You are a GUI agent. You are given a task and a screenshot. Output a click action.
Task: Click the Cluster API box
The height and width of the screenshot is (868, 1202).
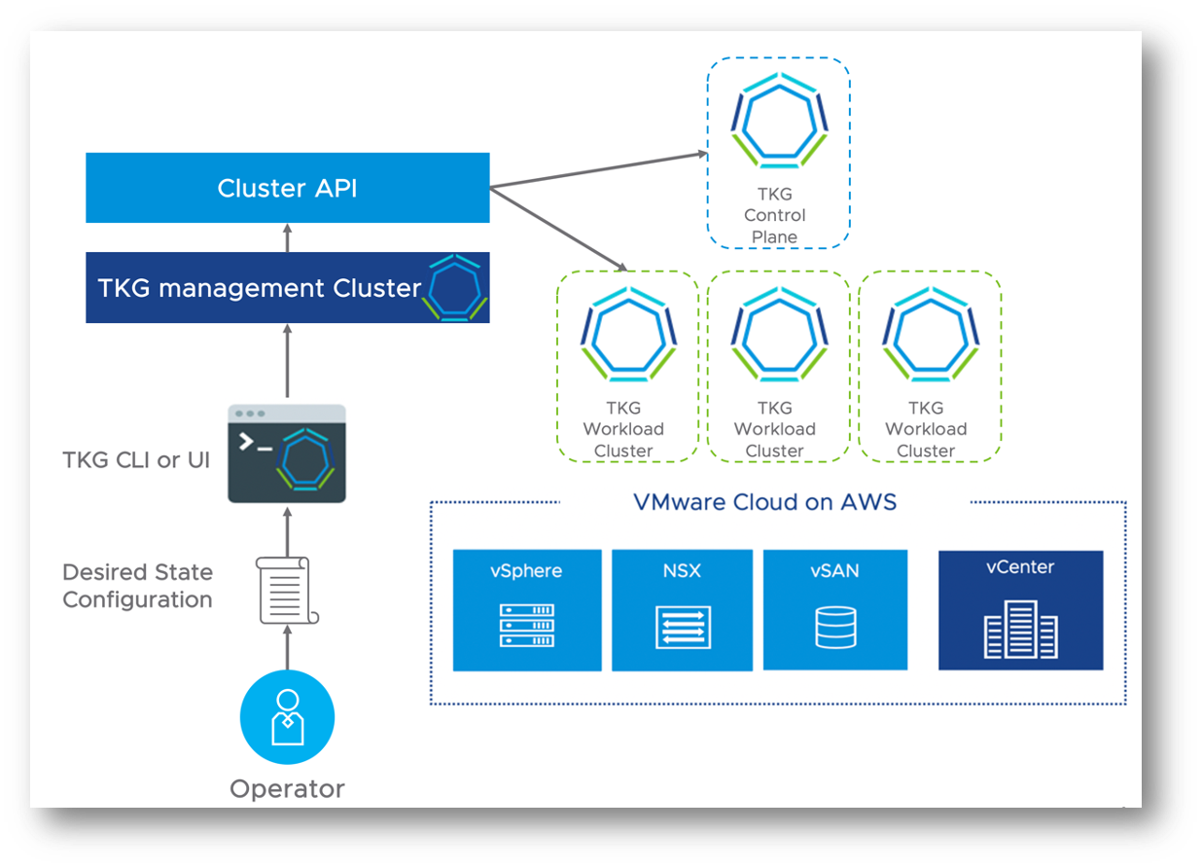(x=287, y=188)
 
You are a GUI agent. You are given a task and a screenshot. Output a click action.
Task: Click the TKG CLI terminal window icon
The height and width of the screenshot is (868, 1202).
(x=287, y=453)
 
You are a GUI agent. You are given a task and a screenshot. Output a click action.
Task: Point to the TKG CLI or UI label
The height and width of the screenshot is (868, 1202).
(x=136, y=459)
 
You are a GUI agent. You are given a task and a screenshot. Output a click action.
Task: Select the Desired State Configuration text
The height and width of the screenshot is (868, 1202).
(x=137, y=586)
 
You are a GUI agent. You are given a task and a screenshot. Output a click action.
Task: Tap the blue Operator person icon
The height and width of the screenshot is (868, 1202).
(x=287, y=717)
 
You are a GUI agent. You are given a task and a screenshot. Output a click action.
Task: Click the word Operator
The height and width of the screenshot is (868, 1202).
(x=287, y=788)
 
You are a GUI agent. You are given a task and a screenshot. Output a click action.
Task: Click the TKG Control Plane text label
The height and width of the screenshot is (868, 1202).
(x=775, y=215)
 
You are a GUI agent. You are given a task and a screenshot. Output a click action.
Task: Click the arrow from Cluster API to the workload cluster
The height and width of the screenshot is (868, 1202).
(x=559, y=230)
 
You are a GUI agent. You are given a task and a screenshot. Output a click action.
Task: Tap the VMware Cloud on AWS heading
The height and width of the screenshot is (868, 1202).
(x=765, y=502)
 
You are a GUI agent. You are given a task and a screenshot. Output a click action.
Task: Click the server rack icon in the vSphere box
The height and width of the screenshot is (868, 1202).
(x=527, y=626)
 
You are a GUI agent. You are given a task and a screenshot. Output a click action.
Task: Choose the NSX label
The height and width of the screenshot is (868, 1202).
(x=682, y=570)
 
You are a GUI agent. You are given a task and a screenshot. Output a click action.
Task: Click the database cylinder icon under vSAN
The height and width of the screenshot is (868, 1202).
(x=835, y=628)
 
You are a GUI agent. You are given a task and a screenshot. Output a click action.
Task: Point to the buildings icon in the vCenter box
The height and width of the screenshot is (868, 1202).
(x=1020, y=629)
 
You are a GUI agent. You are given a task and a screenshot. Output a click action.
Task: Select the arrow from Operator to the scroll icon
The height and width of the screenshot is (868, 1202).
(x=287, y=648)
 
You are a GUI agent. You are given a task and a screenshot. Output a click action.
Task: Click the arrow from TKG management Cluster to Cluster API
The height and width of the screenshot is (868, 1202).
(x=287, y=237)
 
